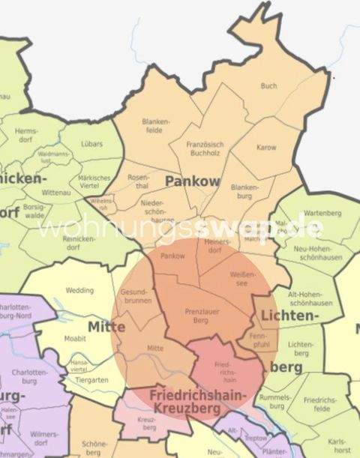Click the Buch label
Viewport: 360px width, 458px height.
pyautogui.click(x=268, y=86)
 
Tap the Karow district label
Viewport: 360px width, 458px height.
pyautogui.click(x=266, y=148)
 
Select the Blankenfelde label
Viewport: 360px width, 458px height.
pyautogui.click(x=154, y=125)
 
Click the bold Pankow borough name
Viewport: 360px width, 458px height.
pyautogui.click(x=192, y=181)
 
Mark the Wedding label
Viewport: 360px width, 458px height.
pyautogui.click(x=79, y=290)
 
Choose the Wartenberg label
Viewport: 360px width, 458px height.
pyautogui.click(x=323, y=213)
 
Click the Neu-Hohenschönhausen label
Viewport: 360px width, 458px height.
pyautogui.click(x=313, y=254)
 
